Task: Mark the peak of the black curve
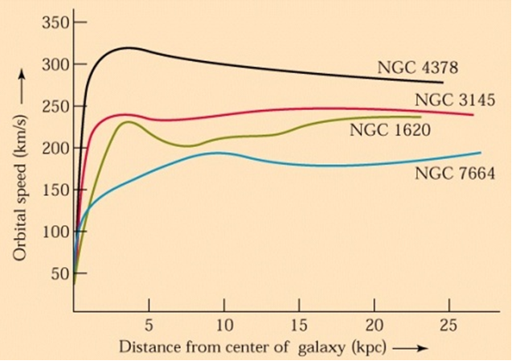[129, 47]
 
